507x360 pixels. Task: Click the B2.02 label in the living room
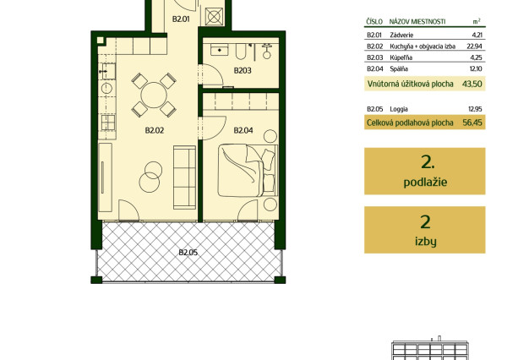[155, 130]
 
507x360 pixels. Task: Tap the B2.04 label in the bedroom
[243, 130]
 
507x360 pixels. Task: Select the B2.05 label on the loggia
[188, 253]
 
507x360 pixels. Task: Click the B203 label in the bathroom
[243, 70]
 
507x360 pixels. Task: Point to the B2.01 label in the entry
[181, 19]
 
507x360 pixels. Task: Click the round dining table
[154, 95]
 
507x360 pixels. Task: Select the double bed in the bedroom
[248, 171]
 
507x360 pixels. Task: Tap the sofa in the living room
[184, 177]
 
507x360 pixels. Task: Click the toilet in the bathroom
[267, 52]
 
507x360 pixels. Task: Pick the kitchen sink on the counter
[107, 71]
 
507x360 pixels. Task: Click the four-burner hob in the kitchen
[108, 123]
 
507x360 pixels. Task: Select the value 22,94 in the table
[474, 46]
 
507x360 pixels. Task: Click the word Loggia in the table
[399, 109]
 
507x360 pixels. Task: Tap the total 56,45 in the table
[472, 123]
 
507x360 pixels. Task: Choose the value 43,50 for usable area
[472, 85]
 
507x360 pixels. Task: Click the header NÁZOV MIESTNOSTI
[417, 22]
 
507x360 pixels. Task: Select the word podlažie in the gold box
[425, 182]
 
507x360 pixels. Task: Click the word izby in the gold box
[426, 241]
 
